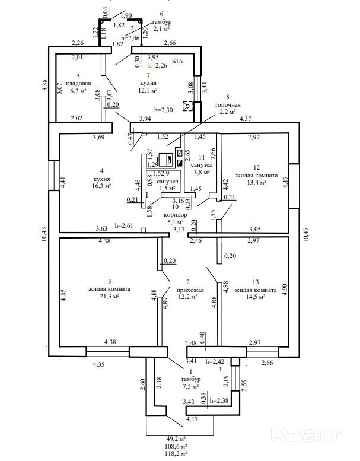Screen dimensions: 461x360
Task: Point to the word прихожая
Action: click(x=190, y=290)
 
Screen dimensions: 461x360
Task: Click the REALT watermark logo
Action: click(x=307, y=435)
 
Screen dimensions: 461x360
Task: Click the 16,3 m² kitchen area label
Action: click(x=98, y=185)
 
